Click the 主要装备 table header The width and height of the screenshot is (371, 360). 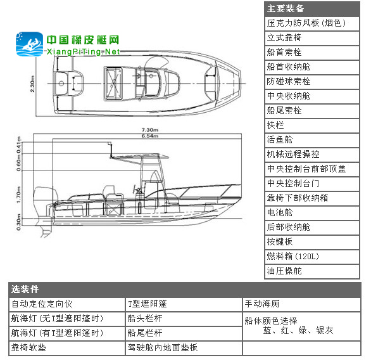312,9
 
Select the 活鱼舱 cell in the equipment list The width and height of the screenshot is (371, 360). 312,139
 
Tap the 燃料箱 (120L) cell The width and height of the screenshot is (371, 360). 312,256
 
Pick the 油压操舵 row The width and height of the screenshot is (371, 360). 312,271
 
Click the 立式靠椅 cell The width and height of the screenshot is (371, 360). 312,38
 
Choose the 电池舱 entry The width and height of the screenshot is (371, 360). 312,213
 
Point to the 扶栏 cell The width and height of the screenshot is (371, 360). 312,125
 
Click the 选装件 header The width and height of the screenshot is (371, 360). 185,290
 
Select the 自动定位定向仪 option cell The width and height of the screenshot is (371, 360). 67,304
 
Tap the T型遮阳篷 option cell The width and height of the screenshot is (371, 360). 184,304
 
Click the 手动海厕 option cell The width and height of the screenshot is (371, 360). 301,304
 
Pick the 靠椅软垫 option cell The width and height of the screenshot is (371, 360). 67,348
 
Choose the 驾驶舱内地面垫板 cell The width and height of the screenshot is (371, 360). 184,348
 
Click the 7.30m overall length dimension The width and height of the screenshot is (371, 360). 150,130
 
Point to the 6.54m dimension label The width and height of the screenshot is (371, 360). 150,136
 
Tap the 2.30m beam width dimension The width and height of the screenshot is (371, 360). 33,84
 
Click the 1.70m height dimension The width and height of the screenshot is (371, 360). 19,195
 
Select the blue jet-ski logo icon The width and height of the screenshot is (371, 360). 30,44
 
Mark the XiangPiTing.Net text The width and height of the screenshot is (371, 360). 83,52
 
